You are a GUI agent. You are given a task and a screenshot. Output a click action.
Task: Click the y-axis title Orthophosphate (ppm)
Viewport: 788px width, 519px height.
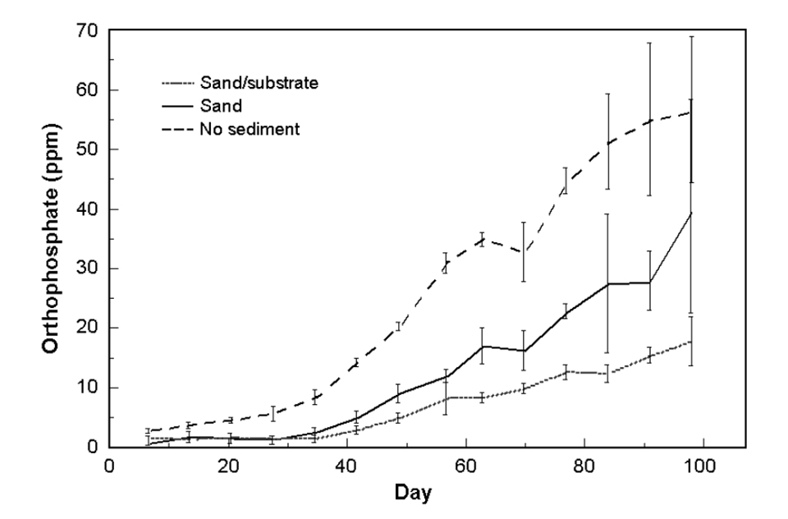(51, 238)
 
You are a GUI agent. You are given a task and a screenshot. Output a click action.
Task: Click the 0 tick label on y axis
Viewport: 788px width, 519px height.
(92, 447)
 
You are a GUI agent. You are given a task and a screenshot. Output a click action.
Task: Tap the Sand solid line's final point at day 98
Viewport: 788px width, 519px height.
(691, 213)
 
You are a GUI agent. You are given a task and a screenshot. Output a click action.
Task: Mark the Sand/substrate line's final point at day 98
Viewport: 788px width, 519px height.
(691, 341)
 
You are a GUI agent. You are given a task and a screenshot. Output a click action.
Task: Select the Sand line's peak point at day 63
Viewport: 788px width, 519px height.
(483, 347)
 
